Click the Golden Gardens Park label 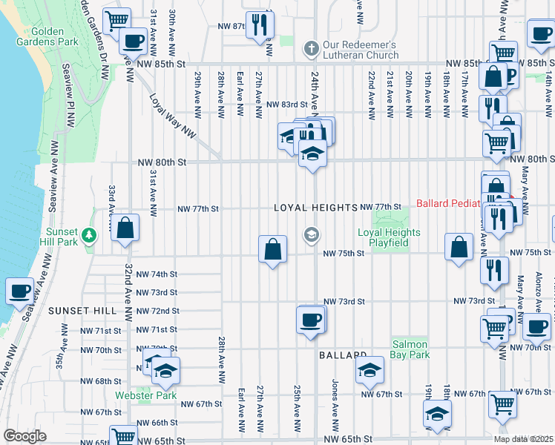(x=47, y=36)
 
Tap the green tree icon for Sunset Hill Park (x=89, y=235)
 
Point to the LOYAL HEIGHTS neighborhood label (x=315, y=208)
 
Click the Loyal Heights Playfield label (x=389, y=237)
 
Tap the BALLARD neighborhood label (x=343, y=356)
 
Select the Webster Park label (x=145, y=395)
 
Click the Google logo (x=24, y=436)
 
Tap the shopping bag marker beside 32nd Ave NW (x=125, y=228)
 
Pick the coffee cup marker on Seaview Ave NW (x=19, y=291)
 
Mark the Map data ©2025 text (x=523, y=439)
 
